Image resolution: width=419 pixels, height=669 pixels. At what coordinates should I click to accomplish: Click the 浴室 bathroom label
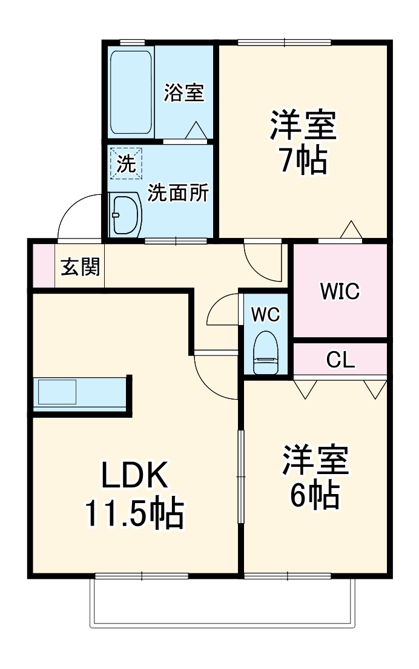pos(184,93)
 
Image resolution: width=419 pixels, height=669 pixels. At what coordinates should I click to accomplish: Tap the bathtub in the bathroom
pos(131,93)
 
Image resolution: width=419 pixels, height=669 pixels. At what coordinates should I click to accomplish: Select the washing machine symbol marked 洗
pos(126,163)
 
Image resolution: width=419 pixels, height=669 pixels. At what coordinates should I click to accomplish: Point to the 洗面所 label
pos(178,193)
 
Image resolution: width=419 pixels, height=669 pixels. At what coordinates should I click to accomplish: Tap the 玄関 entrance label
pos(80,267)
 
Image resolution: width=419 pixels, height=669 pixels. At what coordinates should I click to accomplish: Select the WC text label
pos(265,314)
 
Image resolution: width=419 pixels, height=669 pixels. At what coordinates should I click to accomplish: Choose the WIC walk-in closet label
pos(340,291)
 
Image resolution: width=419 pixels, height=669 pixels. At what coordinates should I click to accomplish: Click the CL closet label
pos(340,360)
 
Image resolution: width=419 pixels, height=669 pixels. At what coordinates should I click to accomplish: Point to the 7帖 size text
pos(303,160)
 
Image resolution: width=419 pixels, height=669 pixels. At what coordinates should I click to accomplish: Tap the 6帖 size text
pos(315,495)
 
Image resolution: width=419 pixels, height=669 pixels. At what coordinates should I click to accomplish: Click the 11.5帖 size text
pos(134,513)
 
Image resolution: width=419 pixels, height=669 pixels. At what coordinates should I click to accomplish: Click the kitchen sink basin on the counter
pos(57,392)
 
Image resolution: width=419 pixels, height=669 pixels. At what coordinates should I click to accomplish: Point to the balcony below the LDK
pos(222,602)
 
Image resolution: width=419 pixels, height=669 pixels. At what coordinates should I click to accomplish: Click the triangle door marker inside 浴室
pos(196,130)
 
